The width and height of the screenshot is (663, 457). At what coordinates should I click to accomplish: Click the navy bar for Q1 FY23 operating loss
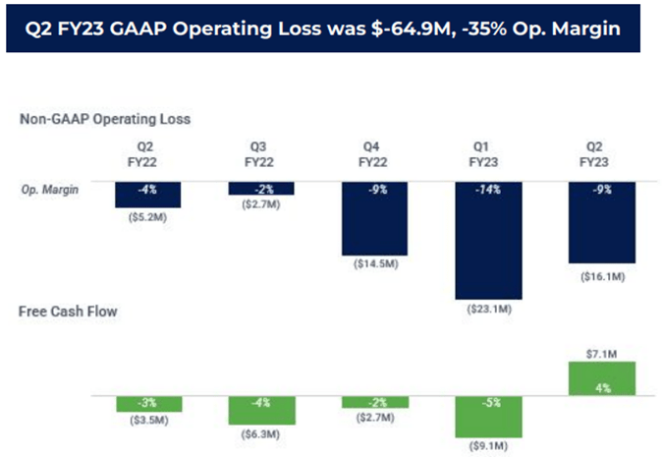click(488, 240)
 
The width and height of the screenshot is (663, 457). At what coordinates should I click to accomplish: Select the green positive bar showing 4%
click(602, 378)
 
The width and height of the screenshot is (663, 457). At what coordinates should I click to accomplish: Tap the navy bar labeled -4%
click(147, 194)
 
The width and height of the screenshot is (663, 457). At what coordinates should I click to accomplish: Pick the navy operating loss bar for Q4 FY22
click(374, 217)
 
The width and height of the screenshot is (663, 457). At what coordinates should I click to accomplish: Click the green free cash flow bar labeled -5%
click(488, 416)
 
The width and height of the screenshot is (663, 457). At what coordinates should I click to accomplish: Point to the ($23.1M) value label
click(488, 310)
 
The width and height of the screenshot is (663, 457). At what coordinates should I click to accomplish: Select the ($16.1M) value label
click(602, 277)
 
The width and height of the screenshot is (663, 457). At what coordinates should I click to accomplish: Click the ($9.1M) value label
click(488, 447)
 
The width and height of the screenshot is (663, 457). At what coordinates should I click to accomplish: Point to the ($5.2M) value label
click(147, 216)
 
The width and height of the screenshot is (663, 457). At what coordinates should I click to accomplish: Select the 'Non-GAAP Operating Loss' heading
click(105, 119)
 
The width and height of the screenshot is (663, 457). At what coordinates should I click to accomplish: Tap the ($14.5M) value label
click(374, 265)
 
